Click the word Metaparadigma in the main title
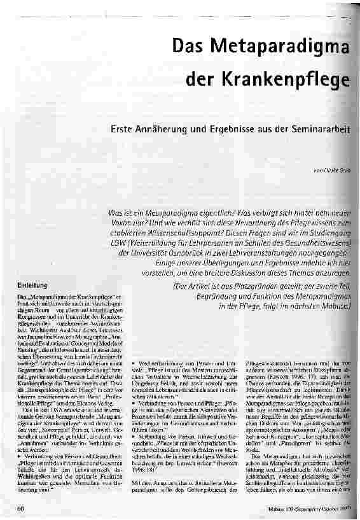295,46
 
